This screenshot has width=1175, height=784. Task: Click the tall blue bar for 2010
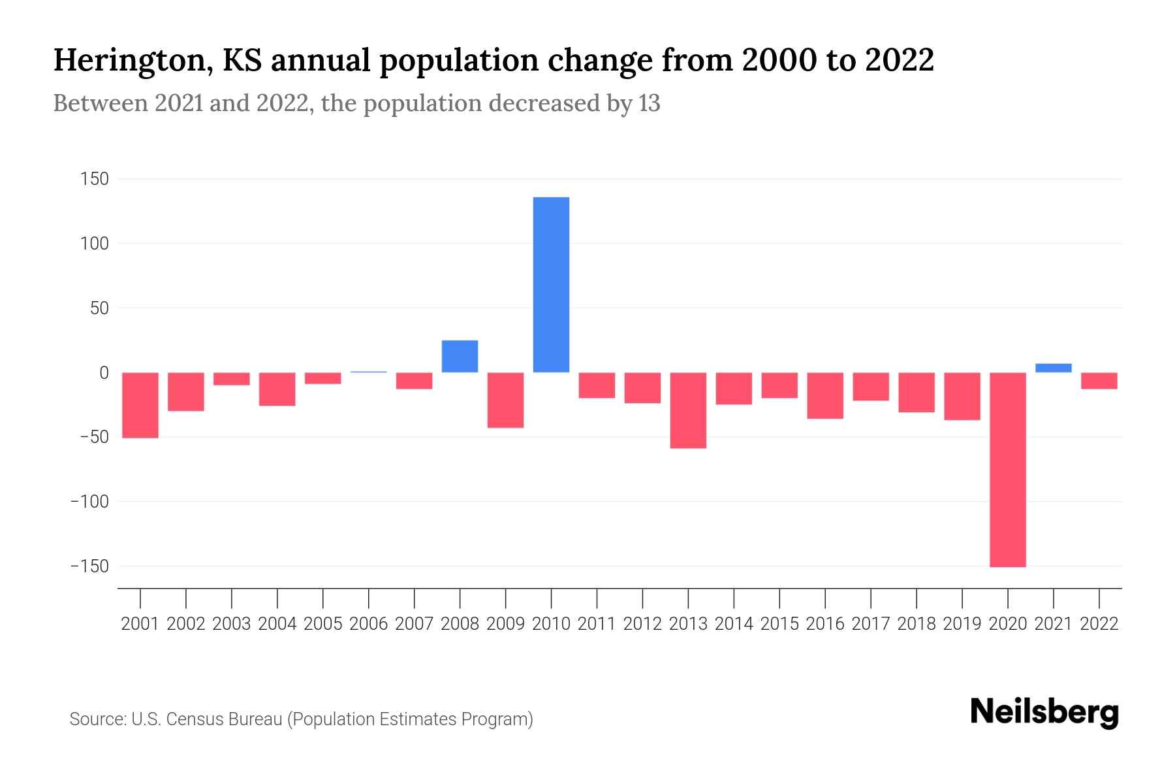click(551, 285)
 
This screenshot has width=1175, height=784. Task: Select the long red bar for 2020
click(1007, 469)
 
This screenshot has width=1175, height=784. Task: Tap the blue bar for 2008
click(460, 356)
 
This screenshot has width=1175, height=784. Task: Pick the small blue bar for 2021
click(1053, 368)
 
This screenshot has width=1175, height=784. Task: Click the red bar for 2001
click(140, 405)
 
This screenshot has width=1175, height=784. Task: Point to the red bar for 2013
click(688, 410)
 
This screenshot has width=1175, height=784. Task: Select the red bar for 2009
click(505, 400)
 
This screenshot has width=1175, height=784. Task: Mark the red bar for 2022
click(1099, 381)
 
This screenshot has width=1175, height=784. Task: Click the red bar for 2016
click(825, 395)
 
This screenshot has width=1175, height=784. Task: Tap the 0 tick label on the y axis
click(103, 373)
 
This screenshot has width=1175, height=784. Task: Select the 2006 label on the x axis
click(368, 624)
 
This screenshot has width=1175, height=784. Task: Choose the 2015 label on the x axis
click(779, 624)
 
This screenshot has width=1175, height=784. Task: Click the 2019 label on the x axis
click(962, 624)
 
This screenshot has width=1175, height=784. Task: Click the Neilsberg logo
click(1044, 713)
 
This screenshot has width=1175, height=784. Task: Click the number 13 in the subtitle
click(650, 103)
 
